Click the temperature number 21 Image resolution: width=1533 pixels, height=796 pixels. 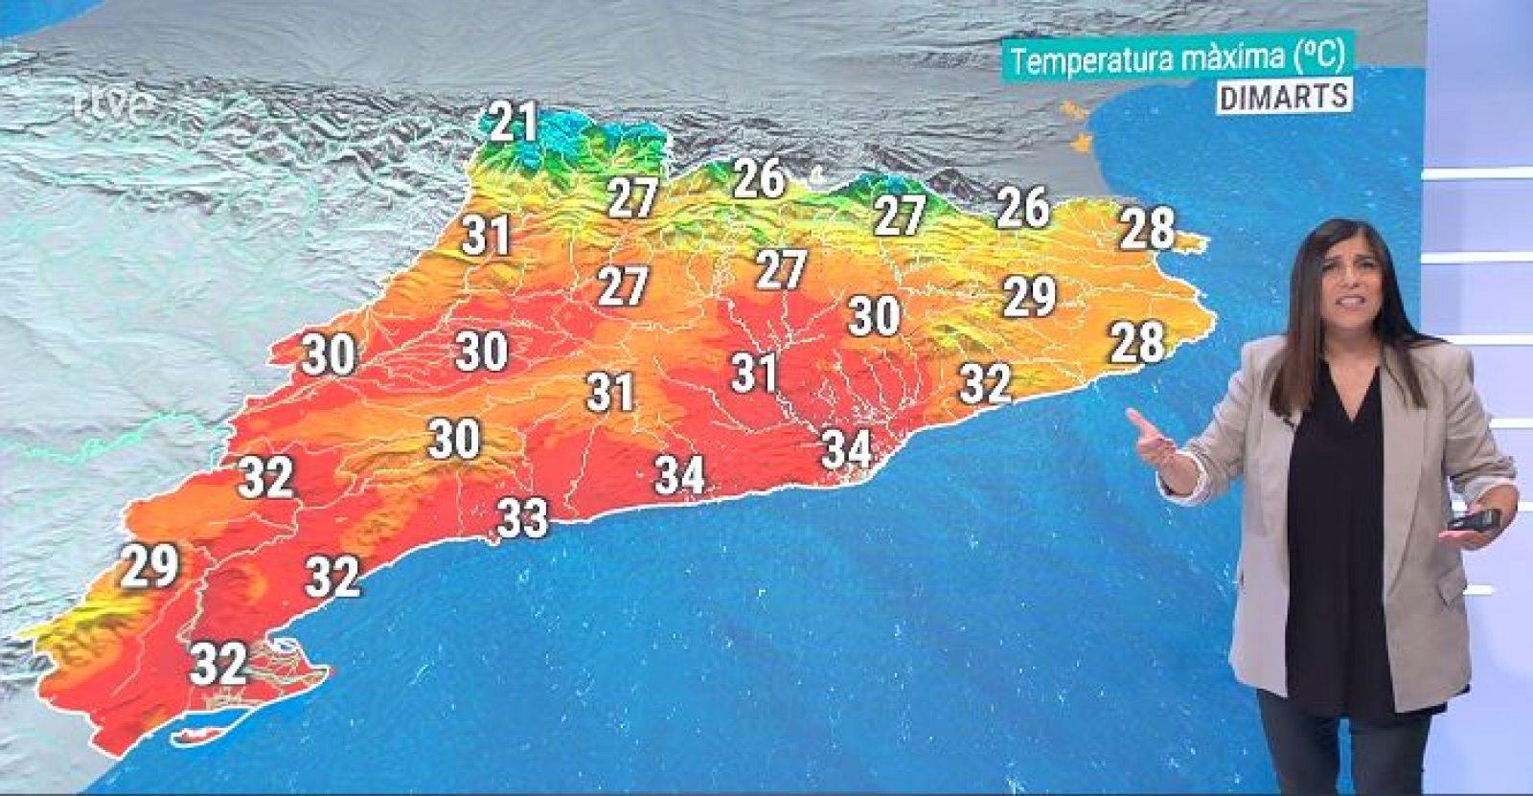[x=514, y=122]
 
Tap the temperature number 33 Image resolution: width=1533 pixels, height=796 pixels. [x=523, y=518]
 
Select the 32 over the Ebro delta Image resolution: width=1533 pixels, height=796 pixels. [x=219, y=663]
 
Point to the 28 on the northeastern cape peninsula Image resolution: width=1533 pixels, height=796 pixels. [x=1147, y=228]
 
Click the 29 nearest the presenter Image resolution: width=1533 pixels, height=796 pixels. [x=1030, y=296]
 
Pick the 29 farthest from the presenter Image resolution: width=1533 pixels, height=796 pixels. [x=150, y=566]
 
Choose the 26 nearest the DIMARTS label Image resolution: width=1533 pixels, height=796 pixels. [x=1022, y=207]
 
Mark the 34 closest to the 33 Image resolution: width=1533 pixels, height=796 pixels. [x=680, y=474]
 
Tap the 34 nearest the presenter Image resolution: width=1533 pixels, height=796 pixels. [x=847, y=448]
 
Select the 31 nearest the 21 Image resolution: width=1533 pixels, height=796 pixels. [x=486, y=236]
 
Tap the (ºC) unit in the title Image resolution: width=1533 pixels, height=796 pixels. [x=1318, y=57]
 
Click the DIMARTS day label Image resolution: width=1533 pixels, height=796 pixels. [x=1284, y=96]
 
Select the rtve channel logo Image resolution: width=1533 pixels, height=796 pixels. [x=114, y=104]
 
